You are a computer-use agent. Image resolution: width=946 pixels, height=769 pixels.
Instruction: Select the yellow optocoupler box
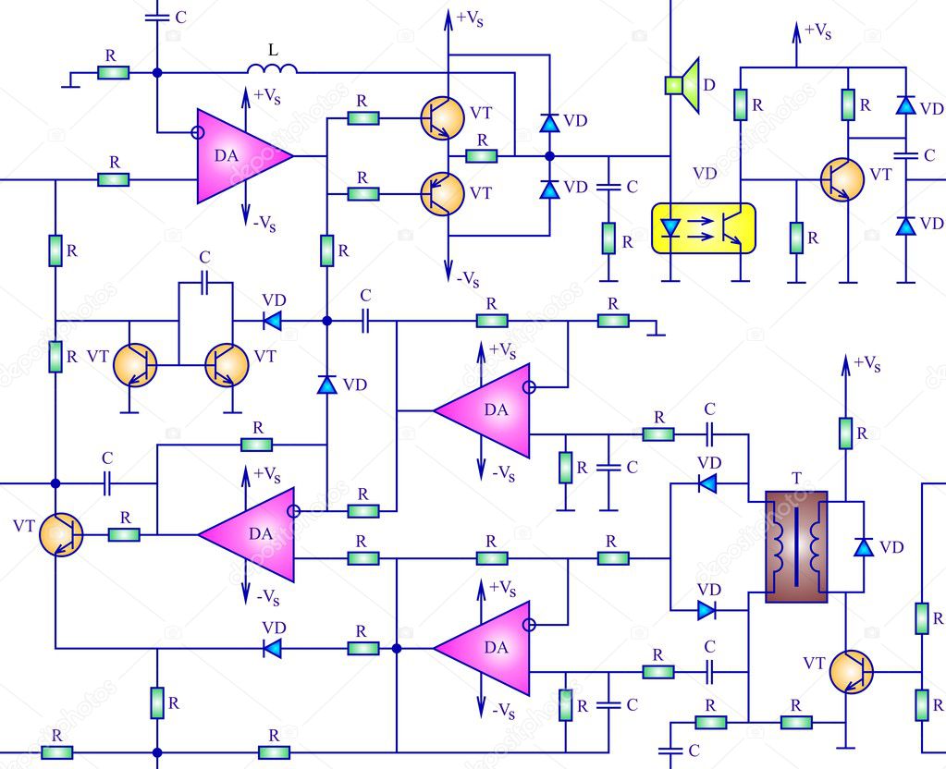(x=704, y=228)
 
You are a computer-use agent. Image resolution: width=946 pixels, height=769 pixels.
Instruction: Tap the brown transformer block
(x=796, y=546)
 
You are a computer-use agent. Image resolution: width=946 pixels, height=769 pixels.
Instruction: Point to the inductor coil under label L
(x=272, y=69)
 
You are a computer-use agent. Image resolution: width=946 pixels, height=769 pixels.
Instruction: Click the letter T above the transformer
(x=797, y=479)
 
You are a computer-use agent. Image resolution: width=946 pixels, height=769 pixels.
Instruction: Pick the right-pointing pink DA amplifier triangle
(x=243, y=156)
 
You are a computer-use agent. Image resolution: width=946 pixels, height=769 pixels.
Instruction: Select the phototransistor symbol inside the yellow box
(x=730, y=229)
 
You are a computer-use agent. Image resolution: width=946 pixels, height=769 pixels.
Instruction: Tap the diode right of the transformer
(x=864, y=546)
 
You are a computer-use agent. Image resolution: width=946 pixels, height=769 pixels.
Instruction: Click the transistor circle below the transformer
(x=850, y=670)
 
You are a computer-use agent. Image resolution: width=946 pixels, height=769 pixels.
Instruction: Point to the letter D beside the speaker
(x=708, y=85)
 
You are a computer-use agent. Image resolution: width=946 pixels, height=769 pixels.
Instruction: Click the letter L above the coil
(x=273, y=49)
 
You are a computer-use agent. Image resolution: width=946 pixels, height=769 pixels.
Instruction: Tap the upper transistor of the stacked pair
(x=443, y=117)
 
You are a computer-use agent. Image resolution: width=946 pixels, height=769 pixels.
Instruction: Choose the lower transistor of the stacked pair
(x=442, y=193)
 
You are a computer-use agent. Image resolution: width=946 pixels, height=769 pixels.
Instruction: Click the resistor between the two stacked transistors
(x=481, y=155)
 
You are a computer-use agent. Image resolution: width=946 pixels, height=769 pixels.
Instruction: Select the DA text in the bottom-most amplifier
(x=496, y=648)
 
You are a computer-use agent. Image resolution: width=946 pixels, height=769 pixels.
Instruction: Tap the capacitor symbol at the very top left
(x=154, y=16)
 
